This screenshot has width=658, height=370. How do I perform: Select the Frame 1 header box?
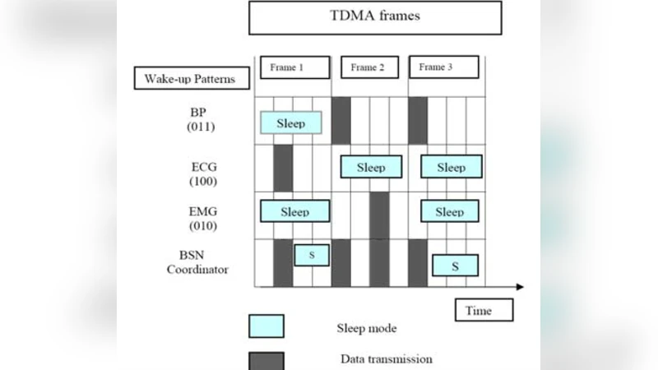tap(294, 67)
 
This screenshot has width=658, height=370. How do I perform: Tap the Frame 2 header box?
tap(368, 67)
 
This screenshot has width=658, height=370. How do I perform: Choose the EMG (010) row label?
tap(202, 217)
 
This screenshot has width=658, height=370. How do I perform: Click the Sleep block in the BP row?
tap(290, 123)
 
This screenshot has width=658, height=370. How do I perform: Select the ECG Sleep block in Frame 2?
tap(371, 167)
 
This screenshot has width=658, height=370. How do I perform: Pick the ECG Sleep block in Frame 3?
tap(451, 167)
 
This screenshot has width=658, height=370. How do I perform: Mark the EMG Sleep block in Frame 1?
tap(294, 211)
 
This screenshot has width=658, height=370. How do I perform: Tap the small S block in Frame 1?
tap(312, 255)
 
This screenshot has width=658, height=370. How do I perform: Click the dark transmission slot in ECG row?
tap(283, 168)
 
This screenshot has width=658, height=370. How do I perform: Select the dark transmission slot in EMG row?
tap(379, 215)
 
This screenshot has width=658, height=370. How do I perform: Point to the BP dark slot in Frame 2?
tap(341, 120)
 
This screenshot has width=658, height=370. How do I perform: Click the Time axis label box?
tap(484, 310)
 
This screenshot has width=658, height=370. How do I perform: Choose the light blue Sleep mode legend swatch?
tap(266, 326)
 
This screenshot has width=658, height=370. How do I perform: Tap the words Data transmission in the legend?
tap(386, 358)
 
